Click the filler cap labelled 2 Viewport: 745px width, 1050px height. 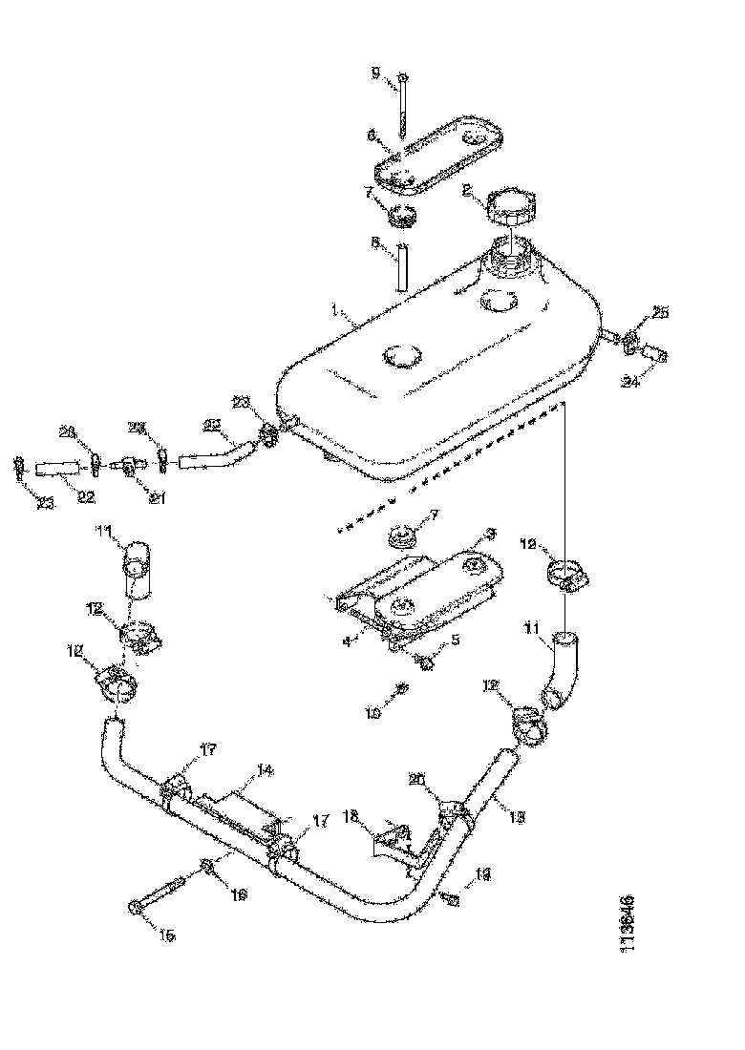(512, 204)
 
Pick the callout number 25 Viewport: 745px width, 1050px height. (661, 312)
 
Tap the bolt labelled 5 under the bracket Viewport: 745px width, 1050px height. (423, 658)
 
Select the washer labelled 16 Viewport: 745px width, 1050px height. (208, 867)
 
